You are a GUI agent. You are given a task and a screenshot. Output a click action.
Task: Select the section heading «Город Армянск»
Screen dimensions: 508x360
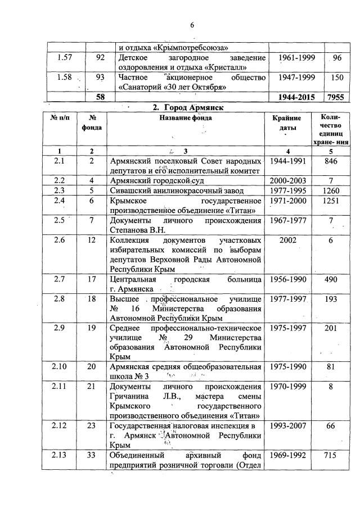[x=189, y=107]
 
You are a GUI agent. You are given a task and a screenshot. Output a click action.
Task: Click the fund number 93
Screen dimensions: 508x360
[x=101, y=77]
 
